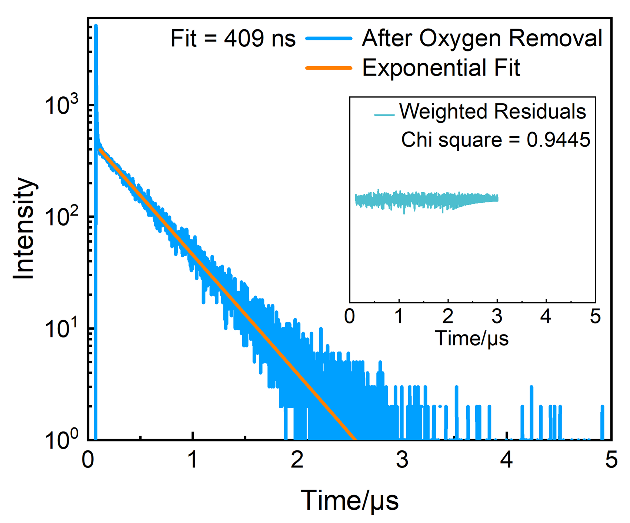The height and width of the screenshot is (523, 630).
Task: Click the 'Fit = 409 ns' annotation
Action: (233, 39)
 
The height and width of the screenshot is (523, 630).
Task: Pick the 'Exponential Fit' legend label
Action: (441, 68)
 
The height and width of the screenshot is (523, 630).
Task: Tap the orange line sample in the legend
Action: (329, 68)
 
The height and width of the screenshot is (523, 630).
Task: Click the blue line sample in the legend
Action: (329, 38)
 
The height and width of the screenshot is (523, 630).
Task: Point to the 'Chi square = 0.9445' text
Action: (496, 140)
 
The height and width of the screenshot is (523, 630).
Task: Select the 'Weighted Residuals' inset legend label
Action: (492, 111)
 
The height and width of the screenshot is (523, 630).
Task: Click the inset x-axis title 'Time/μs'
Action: (472, 338)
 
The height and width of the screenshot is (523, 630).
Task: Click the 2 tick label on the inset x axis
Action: (448, 317)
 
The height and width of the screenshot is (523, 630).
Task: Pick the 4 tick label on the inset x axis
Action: (546, 317)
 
